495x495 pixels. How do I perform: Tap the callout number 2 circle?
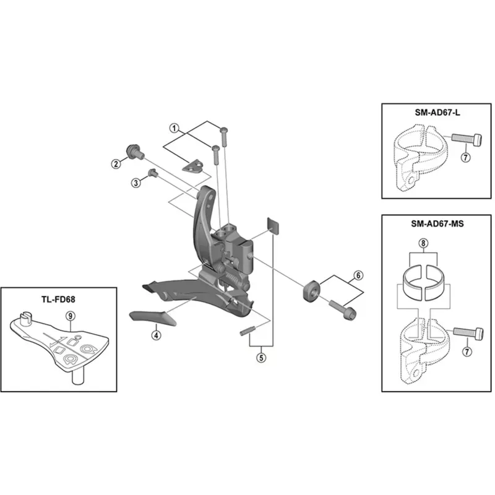(x=115, y=163)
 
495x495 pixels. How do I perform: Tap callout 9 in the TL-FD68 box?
(x=71, y=316)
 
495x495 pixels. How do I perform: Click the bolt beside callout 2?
(x=132, y=150)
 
